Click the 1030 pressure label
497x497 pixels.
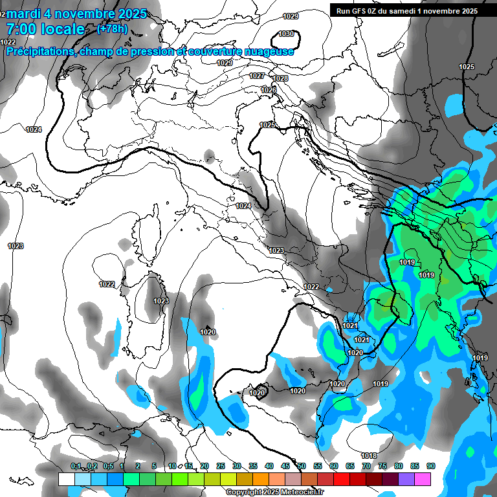[x=286, y=34]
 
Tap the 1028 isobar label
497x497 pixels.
[x=280, y=78]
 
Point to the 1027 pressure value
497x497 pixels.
[x=257, y=76]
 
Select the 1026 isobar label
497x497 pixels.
[x=269, y=90]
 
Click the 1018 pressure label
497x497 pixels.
[x=369, y=456]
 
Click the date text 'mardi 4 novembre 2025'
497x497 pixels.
[x=77, y=13]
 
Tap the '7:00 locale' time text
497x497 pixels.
[x=45, y=29]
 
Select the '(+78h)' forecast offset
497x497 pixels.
[x=112, y=29]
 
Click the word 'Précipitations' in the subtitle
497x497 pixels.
[x=39, y=52]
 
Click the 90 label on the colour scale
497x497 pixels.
[x=430, y=466]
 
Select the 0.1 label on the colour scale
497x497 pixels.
[x=76, y=466]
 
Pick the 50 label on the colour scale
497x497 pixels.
[x=302, y=466]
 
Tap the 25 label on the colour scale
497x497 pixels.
[x=221, y=466]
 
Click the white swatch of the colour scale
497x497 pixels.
[x=66, y=479]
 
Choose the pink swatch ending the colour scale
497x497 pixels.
[x=423, y=479]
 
